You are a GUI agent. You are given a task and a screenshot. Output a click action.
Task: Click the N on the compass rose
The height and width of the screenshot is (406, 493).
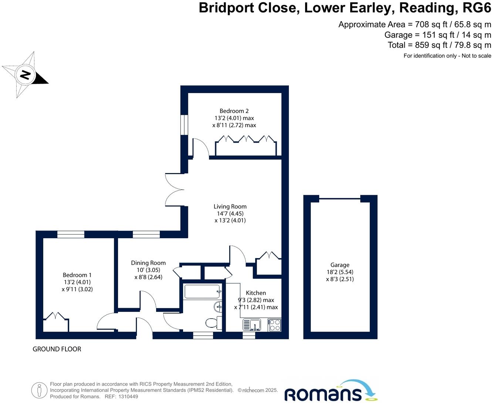pos(25,74)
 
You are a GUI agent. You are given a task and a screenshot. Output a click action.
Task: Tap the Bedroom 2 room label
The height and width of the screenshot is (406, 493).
pos(234,111)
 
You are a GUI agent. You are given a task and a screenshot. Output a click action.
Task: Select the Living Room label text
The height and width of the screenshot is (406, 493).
pos(230,206)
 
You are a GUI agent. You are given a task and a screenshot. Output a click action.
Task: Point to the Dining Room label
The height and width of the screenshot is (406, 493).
pos(148,263)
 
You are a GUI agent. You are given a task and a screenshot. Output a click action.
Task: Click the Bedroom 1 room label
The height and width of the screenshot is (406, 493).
pos(77,275)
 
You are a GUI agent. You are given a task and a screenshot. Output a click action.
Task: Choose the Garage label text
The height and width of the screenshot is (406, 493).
pos(340,265)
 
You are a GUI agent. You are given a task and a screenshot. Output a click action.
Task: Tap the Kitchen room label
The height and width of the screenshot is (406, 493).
pos(256,293)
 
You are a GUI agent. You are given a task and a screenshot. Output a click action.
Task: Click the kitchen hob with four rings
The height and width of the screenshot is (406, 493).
pos(274,325)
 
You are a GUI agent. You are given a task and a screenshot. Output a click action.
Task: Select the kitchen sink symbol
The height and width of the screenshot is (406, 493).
pos(252,325)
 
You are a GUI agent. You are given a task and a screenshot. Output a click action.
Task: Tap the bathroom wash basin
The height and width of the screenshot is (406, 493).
pos(218,306)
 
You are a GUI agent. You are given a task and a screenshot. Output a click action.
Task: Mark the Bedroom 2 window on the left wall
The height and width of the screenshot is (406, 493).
pos(184,125)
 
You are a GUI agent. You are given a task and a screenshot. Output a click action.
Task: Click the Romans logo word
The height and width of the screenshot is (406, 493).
pos(322,394)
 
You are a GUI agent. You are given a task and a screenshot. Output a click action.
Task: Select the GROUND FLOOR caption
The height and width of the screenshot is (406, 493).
pos(57,349)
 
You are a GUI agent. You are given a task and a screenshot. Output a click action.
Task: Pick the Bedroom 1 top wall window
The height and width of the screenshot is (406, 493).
pos(71,234)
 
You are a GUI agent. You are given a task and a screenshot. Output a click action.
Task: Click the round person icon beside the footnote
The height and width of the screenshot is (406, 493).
pos(39,390)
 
